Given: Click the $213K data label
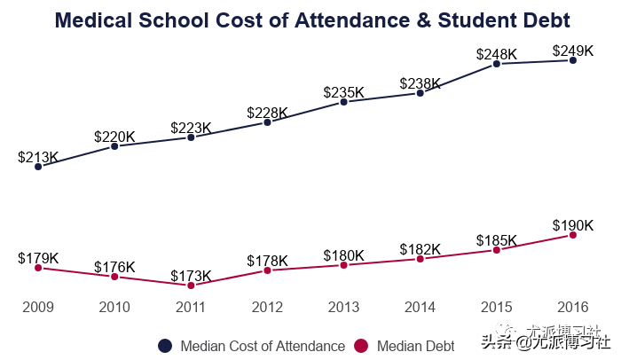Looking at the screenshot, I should pyautogui.click(x=38, y=158).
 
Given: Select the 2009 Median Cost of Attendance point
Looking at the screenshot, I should pyautogui.click(x=38, y=166).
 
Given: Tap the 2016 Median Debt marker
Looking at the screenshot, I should pyautogui.click(x=573, y=235).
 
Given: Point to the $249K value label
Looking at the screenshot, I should pyautogui.click(x=573, y=51).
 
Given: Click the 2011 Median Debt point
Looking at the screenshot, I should pyautogui.click(x=191, y=285).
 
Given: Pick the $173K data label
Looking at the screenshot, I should pyautogui.click(x=191, y=276).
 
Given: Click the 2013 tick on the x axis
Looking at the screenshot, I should pyautogui.click(x=343, y=307).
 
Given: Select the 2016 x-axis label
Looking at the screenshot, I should pyautogui.click(x=573, y=307).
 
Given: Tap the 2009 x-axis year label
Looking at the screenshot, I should pyautogui.click(x=38, y=307).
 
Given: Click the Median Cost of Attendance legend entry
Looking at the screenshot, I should pyautogui.click(x=252, y=346).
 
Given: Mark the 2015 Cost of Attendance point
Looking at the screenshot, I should pyautogui.click(x=497, y=63).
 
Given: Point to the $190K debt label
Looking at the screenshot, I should pyautogui.click(x=573, y=225).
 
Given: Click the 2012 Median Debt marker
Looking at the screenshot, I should pyautogui.click(x=267, y=270).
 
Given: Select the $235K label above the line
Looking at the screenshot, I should pyautogui.click(x=343, y=92).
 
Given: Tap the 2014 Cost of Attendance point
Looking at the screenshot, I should pyautogui.click(x=421, y=92).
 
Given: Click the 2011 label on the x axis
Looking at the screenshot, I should pyautogui.click(x=191, y=307).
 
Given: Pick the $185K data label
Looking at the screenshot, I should pyautogui.click(x=497, y=240).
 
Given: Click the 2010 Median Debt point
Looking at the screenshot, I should pyautogui.click(x=114, y=277).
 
